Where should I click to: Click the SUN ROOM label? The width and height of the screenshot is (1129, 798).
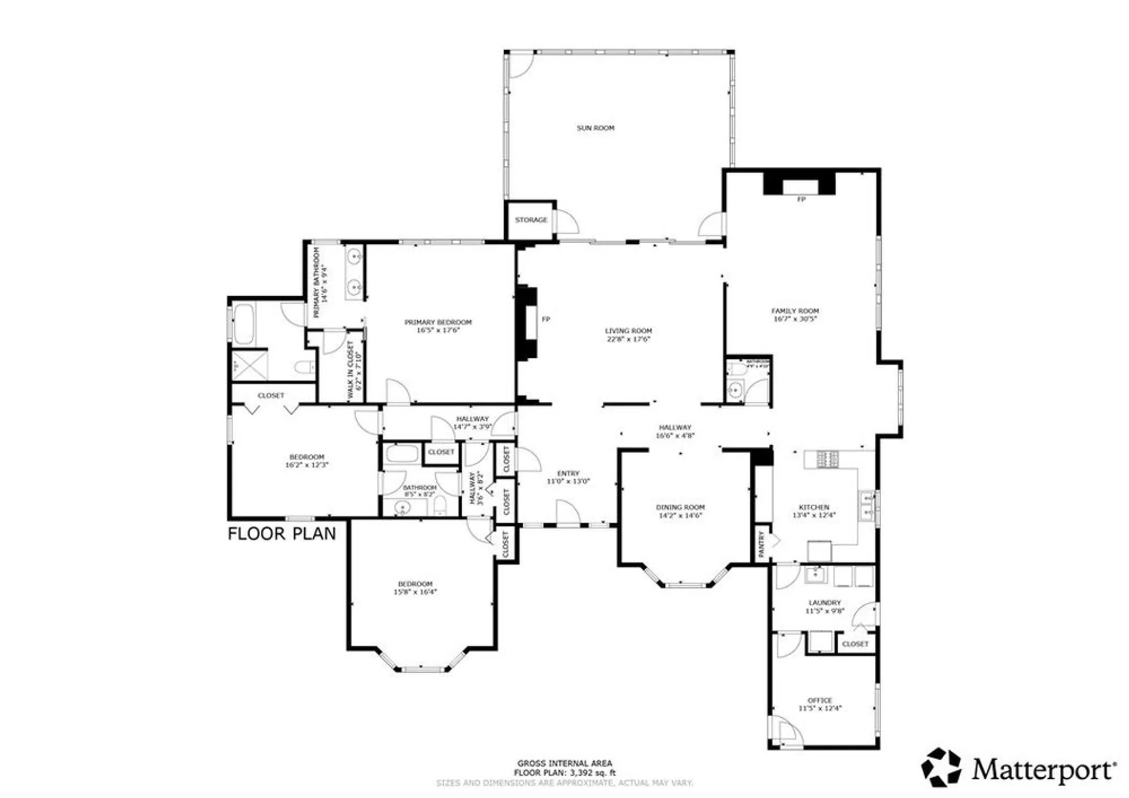click(x=595, y=128)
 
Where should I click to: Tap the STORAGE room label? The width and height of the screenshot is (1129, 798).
click(x=531, y=220)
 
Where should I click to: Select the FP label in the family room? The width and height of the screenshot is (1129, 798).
click(x=800, y=199)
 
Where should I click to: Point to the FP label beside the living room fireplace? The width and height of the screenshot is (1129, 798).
click(x=545, y=319)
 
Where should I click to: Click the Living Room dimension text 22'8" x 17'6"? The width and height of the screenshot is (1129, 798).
click(x=628, y=339)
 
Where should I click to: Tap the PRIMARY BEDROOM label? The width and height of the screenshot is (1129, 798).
click(x=438, y=322)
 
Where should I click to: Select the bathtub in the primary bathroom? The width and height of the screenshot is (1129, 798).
click(x=244, y=324)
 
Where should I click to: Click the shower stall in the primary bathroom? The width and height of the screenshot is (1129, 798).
click(x=250, y=365)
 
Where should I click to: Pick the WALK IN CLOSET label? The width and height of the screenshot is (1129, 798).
click(x=351, y=370)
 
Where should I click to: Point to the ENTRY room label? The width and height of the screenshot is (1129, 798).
click(x=568, y=473)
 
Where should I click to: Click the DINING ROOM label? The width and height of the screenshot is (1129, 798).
click(x=680, y=507)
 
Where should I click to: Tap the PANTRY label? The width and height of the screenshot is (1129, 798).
click(x=761, y=544)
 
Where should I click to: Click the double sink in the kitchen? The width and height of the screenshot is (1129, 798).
click(x=865, y=506)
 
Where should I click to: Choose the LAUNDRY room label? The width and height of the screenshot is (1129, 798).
click(x=824, y=603)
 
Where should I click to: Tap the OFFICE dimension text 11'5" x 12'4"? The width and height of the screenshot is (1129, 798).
click(x=820, y=708)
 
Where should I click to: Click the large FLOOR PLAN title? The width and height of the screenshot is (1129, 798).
click(x=282, y=534)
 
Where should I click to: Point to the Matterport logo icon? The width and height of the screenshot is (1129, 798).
click(x=941, y=767)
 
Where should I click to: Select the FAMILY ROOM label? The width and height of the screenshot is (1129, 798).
click(x=795, y=311)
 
